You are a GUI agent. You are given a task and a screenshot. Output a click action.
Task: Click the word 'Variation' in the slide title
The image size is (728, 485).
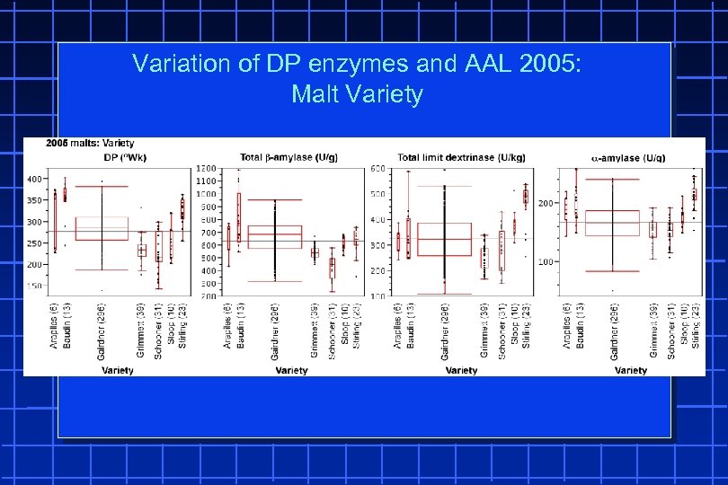(x=172, y=64)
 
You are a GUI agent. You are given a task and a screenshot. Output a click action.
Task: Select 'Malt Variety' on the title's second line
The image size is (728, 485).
(x=357, y=94)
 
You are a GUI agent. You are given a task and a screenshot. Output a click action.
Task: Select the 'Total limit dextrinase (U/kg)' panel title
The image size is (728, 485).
(x=461, y=157)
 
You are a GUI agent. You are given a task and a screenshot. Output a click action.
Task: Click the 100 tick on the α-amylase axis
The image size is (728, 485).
(x=545, y=262)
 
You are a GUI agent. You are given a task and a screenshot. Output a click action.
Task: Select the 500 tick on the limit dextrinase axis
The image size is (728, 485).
(x=377, y=194)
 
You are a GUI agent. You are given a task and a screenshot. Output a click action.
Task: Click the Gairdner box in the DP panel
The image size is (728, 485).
(x=101, y=228)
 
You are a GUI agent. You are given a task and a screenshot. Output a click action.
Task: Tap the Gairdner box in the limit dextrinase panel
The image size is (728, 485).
(x=444, y=239)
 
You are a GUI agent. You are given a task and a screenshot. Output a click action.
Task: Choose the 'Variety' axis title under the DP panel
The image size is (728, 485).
(x=117, y=370)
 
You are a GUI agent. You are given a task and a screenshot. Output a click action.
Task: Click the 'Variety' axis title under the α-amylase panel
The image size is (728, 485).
(x=630, y=370)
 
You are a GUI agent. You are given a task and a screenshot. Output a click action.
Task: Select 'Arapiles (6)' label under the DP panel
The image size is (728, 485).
(x=53, y=328)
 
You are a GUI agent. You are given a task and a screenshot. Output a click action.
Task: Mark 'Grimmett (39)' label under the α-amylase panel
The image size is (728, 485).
(x=653, y=331)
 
